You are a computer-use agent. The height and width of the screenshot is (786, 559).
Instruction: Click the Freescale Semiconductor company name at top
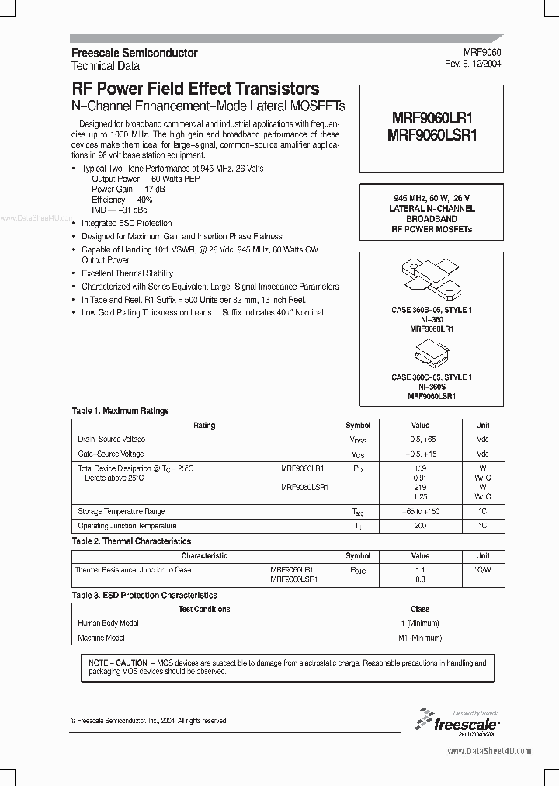134,53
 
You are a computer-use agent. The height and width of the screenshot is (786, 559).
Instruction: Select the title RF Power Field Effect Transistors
196,89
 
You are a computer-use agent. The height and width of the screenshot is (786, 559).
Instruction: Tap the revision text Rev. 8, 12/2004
473,65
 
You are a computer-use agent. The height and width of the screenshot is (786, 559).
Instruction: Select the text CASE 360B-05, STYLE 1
431,311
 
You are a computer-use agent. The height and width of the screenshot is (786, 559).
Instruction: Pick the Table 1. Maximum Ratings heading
120,411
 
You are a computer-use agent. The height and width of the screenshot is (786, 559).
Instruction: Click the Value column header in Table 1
420,426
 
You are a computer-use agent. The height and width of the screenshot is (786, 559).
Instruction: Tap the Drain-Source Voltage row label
112,440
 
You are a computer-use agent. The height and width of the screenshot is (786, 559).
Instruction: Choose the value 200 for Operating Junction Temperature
420,526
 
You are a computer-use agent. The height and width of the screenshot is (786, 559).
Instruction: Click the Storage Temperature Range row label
121,512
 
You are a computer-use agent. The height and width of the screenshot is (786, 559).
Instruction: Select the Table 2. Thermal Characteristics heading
131,541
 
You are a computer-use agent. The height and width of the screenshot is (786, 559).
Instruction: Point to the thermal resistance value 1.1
420,569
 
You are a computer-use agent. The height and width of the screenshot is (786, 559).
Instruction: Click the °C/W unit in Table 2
482,569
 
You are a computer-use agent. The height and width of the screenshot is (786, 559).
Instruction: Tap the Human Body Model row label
109,624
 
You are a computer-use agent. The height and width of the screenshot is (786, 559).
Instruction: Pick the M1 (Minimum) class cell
419,638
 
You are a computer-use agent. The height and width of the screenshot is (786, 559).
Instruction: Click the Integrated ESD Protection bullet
127,224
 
